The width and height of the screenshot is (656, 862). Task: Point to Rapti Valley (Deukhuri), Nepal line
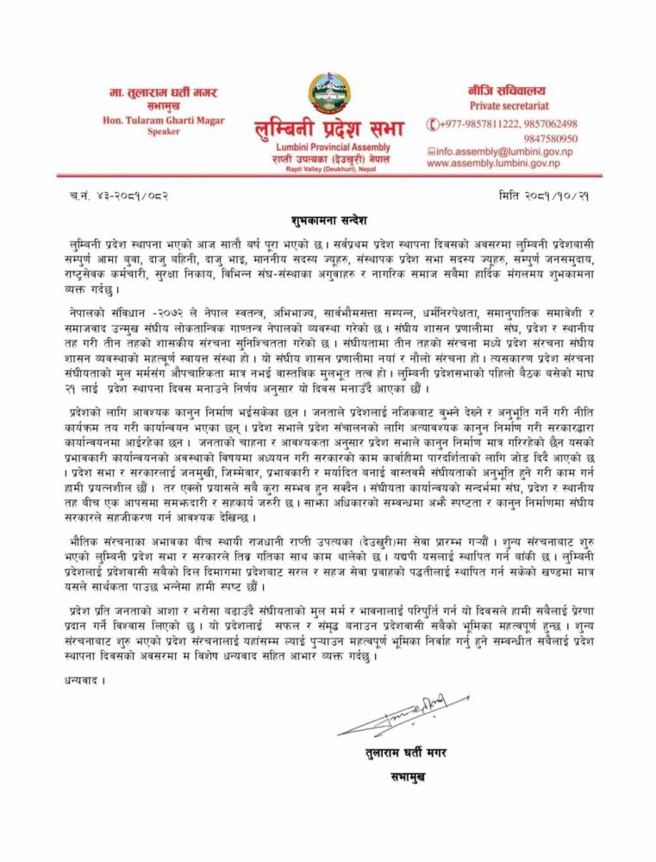tap(326, 170)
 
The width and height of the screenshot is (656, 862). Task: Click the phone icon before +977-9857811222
tap(432, 123)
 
